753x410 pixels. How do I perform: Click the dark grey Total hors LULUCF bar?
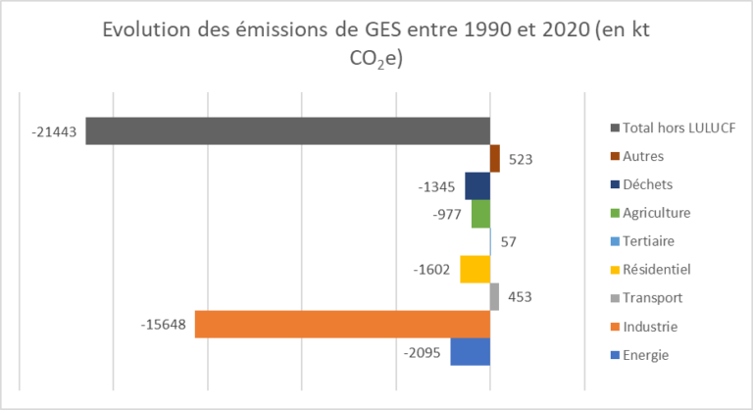click(x=287, y=130)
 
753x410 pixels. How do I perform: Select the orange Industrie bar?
click(x=342, y=324)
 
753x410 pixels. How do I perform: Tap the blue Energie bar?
click(x=470, y=351)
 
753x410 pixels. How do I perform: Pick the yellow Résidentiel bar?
click(x=475, y=269)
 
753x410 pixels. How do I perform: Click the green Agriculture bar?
click(x=480, y=214)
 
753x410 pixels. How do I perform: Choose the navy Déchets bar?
click(x=477, y=185)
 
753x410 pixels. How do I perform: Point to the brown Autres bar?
click(x=495, y=158)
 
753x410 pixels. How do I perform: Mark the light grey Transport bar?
click(x=494, y=296)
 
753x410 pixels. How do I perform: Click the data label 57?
click(x=510, y=241)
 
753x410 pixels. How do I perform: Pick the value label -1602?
click(x=433, y=270)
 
